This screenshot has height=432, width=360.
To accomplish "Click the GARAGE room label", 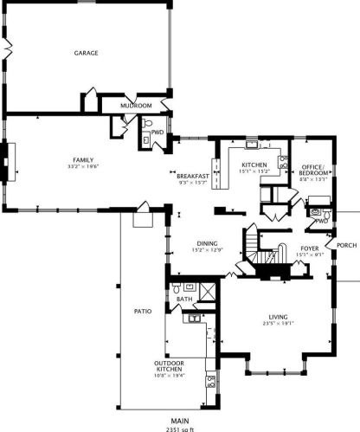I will tap(85, 53).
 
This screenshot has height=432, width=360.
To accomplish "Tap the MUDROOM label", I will tap(136, 106).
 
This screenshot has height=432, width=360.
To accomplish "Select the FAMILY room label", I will tap(83, 160).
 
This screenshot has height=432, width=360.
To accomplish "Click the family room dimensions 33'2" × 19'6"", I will tap(83, 167).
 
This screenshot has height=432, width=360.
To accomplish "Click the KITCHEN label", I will tap(254, 164).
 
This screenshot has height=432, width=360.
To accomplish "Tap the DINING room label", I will tap(206, 243).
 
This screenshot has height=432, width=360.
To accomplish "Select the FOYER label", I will tap(310, 248).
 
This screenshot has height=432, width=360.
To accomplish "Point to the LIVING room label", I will tap(276, 319).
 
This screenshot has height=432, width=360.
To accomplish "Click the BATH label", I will tap(184, 300).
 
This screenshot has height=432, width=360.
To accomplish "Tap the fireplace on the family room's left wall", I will tap(8, 162).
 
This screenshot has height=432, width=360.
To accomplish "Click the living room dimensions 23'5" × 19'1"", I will tap(276, 326).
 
